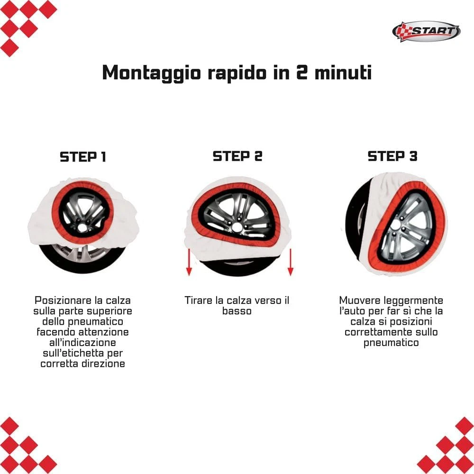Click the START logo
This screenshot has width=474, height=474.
click(x=426, y=31)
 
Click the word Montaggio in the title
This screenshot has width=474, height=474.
click(x=152, y=73)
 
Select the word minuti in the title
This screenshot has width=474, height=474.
click(x=343, y=73)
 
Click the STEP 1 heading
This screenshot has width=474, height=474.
click(x=83, y=157)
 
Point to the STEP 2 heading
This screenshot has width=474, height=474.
click(x=237, y=156)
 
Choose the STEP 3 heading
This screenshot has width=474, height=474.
click(x=392, y=156)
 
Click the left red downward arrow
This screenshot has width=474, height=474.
click(x=189, y=262)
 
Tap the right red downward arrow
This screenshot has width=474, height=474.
click(x=291, y=262)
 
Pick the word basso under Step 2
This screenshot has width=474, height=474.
click(x=237, y=311)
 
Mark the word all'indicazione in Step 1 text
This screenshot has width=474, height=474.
click(x=82, y=343)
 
